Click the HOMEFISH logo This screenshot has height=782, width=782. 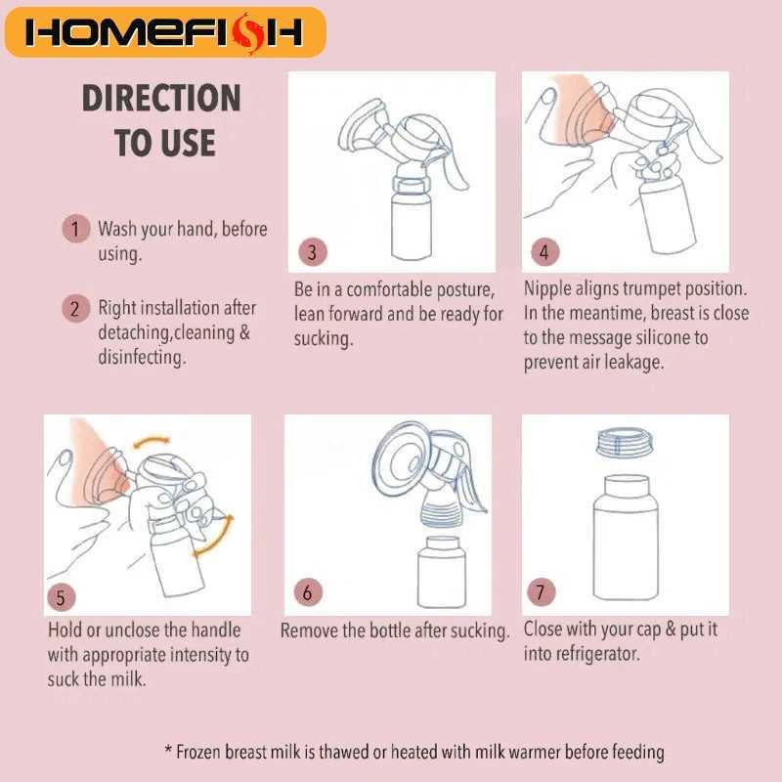point(165,32)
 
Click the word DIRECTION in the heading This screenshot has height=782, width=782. point(161,98)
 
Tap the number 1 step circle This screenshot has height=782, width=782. point(76,229)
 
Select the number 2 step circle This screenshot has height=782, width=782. point(76,308)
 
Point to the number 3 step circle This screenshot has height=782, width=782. point(313,252)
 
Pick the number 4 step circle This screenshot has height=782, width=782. point(545,252)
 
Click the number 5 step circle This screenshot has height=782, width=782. point(62,597)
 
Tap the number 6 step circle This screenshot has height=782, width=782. point(308,592)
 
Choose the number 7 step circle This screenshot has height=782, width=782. point(542,592)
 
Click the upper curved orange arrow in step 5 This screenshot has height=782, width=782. point(152,442)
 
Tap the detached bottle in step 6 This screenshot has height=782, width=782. point(442,572)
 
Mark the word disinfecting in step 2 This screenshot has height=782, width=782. point(142,357)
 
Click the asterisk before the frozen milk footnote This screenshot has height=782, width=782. point(168,750)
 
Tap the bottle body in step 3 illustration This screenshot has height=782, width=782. point(412,226)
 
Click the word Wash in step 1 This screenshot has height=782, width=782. point(117,229)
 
